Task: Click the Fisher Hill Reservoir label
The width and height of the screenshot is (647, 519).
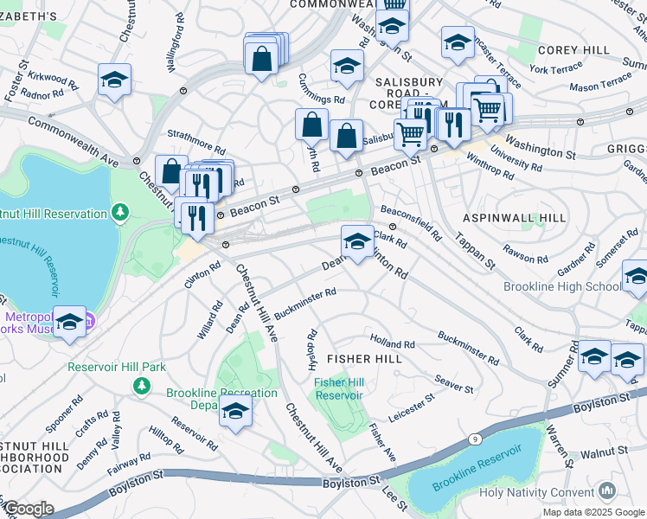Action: pos(338,388)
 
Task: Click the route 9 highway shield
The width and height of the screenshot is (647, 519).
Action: pos(475,439)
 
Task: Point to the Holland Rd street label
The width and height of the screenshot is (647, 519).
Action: pos(393,343)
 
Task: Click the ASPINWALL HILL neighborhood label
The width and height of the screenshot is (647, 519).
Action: pos(514,217)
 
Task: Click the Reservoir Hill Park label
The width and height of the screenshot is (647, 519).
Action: pos(117,367)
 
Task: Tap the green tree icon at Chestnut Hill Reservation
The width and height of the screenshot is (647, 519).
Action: pos(119,211)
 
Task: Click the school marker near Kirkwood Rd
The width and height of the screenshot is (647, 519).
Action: pos(114,80)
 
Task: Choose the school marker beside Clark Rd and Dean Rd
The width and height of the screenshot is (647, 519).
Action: pos(357,241)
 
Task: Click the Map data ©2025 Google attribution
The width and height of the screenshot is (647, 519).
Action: pos(593,512)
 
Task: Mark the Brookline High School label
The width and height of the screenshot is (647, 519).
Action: pos(562,286)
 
